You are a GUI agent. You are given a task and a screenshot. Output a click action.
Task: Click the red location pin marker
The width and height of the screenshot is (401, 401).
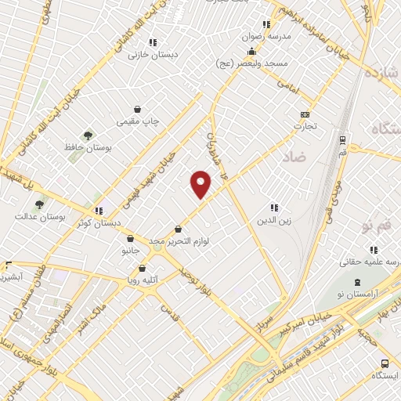[x=201, y=182]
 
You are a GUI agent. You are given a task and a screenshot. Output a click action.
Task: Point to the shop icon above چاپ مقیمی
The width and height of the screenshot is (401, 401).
[x=138, y=110]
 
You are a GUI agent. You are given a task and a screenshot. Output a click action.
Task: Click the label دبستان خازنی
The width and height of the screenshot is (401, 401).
[x=154, y=55]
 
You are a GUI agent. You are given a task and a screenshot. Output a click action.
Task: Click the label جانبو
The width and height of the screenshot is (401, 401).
[x=129, y=251]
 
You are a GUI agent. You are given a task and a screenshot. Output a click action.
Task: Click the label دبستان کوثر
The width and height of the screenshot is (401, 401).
[x=99, y=223]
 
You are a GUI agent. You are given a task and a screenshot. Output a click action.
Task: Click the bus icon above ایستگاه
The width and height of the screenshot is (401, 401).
[x=385, y=363]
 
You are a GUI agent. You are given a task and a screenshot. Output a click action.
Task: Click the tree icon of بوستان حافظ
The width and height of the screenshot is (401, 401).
[x=87, y=136]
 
